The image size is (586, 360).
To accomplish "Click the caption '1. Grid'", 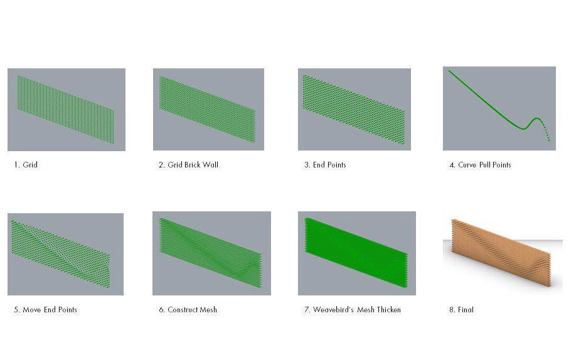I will tap(26, 165).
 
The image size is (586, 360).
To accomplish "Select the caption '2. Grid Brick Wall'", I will tap(188, 165).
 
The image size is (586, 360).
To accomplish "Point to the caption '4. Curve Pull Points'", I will tap(480, 165).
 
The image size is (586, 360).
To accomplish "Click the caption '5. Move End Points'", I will tap(45, 310).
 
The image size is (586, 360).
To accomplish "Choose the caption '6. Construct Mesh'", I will tap(188, 310).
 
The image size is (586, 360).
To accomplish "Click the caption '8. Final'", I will tap(461, 310).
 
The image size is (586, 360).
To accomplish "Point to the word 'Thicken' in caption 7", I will tap(388, 310).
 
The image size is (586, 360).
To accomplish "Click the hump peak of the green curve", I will tap(536, 118).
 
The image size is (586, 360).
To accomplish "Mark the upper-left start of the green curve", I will tap(450, 71).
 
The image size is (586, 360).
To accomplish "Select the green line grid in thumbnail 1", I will tap(65, 110).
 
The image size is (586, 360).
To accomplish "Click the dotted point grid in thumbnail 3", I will tap(354, 109).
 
